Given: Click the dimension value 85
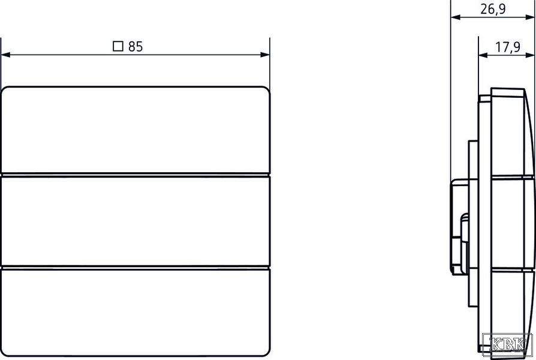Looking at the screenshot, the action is [135, 47].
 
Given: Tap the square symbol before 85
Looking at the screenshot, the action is [118, 46].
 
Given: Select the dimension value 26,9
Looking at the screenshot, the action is [493, 9].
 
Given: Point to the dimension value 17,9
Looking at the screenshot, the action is [508, 47].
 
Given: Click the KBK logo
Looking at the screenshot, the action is [507, 343].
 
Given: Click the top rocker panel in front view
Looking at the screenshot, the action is [135, 130].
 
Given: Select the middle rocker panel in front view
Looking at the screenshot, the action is [135, 221].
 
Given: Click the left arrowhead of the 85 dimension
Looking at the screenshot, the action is [6, 55].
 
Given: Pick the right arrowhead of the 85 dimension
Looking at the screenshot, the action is [265, 55].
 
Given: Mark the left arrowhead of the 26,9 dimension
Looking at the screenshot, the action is [456, 17].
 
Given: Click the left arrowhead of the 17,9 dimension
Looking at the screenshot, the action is [483, 55].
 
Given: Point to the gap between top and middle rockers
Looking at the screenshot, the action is [135, 175].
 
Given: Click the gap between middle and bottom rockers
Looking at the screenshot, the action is [135, 267].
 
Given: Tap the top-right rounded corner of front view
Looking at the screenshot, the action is [266, 90].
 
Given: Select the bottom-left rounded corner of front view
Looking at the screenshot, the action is [5, 352].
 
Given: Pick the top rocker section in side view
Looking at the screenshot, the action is [512, 133].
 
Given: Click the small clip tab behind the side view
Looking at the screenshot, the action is [464, 229].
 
